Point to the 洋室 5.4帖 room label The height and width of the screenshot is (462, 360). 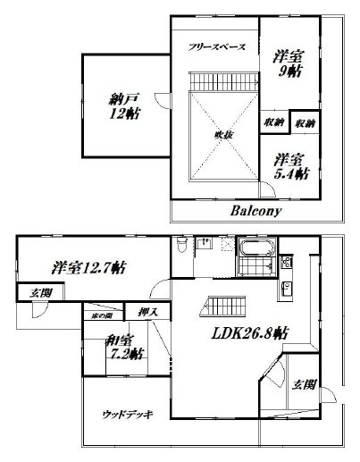tap(290, 166)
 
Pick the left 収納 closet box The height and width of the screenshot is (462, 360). tap(274, 122)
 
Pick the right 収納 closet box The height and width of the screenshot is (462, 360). tap(305, 122)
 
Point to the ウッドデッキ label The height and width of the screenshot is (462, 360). tap(127, 412)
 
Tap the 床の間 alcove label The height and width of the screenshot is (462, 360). tap(100, 315)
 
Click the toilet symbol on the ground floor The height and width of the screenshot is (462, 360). tap(182, 247)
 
